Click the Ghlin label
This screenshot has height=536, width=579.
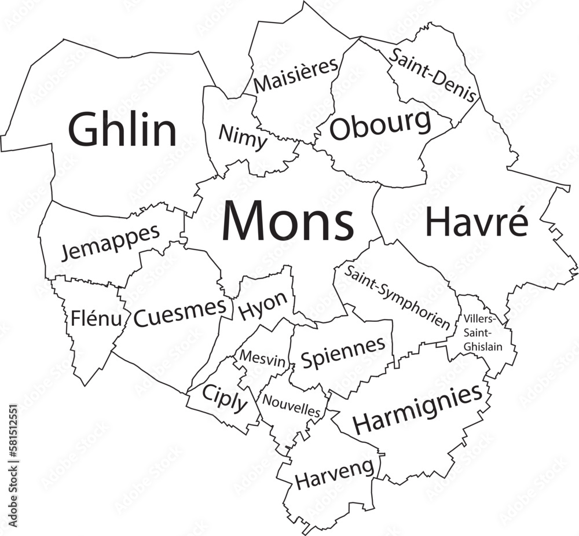click(x=123, y=130)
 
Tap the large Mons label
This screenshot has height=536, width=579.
click(x=288, y=222)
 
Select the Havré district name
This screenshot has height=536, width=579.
click(x=477, y=222)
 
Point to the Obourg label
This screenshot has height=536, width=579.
click(x=380, y=125)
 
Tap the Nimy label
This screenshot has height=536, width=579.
click(x=243, y=138)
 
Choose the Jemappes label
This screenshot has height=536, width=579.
click(x=111, y=242)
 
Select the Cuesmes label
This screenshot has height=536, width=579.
click(x=179, y=313)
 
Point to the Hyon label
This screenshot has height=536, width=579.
click(x=263, y=304)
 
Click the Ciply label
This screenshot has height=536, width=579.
click(x=225, y=399)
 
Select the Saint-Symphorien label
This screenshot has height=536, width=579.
click(x=398, y=297)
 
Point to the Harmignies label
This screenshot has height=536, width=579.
click(x=417, y=409)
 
